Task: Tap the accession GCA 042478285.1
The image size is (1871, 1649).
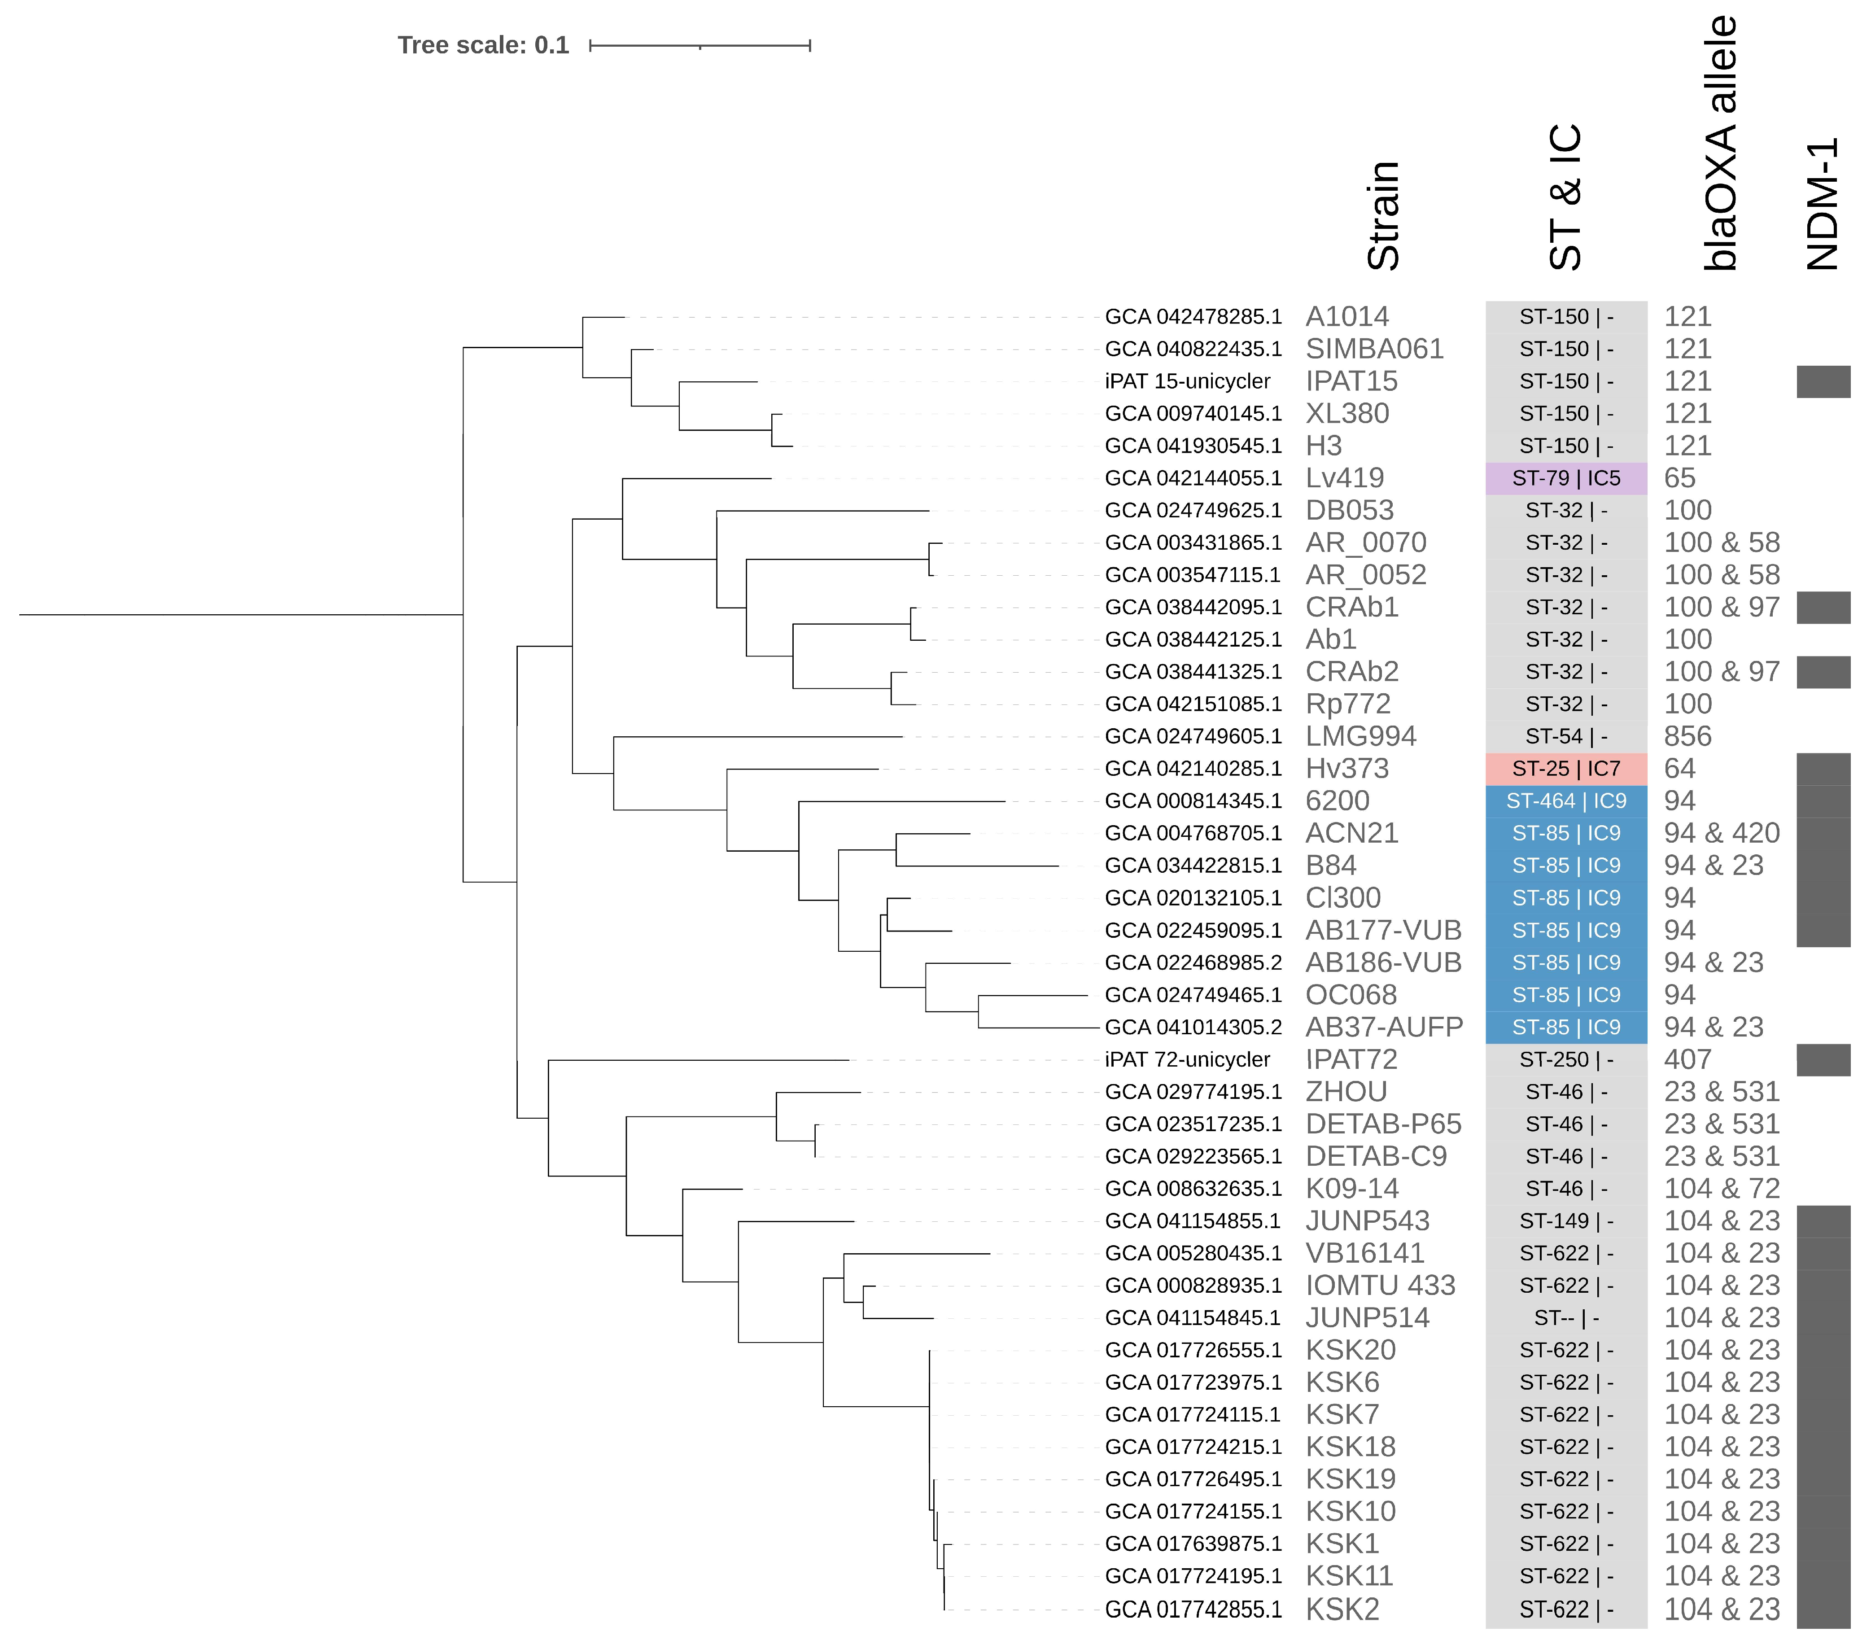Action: (1193, 317)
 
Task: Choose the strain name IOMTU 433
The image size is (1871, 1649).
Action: (1379, 1286)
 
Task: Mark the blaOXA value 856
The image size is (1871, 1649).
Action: (1687, 736)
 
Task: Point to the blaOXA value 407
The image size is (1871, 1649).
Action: (1687, 1059)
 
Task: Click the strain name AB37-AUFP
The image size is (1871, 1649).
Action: (1383, 1027)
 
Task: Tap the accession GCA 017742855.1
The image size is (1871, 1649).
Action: (1193, 1610)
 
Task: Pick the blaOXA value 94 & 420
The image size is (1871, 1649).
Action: (1721, 833)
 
